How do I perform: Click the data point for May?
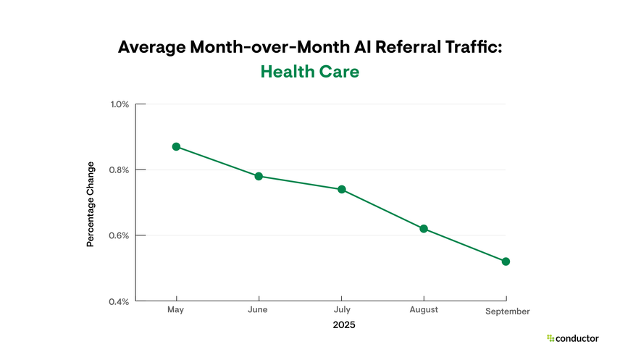pyautogui.click(x=176, y=146)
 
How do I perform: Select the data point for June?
pyautogui.click(x=259, y=176)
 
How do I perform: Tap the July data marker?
pyautogui.click(x=341, y=189)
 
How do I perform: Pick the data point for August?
pyautogui.click(x=424, y=229)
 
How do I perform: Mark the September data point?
pyautogui.click(x=506, y=261)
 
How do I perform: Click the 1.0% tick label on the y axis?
pyautogui.click(x=120, y=104)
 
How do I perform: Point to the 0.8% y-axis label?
pyautogui.click(x=120, y=170)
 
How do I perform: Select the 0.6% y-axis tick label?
pyautogui.click(x=120, y=235)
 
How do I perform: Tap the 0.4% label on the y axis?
pyautogui.click(x=120, y=301)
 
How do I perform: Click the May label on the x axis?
pyautogui.click(x=176, y=310)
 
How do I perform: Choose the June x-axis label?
pyautogui.click(x=257, y=310)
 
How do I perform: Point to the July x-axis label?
pyautogui.click(x=341, y=310)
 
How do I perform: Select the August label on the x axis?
pyautogui.click(x=424, y=310)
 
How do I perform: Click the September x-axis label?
pyautogui.click(x=507, y=311)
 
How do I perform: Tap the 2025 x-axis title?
pyautogui.click(x=344, y=325)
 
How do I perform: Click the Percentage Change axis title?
pyautogui.click(x=91, y=203)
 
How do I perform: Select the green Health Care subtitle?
pyautogui.click(x=309, y=72)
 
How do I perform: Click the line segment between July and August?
pyautogui.click(x=382, y=209)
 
